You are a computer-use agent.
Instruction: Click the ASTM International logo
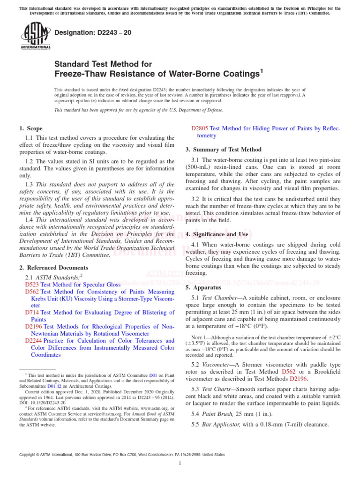click(35, 37)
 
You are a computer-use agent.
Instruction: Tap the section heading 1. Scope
click(30, 128)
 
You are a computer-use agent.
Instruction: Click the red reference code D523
click(31, 285)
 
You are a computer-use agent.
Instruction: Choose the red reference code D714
click(31, 312)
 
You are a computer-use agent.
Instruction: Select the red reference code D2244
click(34, 341)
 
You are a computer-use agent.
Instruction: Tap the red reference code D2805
click(200, 128)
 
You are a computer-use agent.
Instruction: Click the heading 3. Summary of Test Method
click(224, 150)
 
